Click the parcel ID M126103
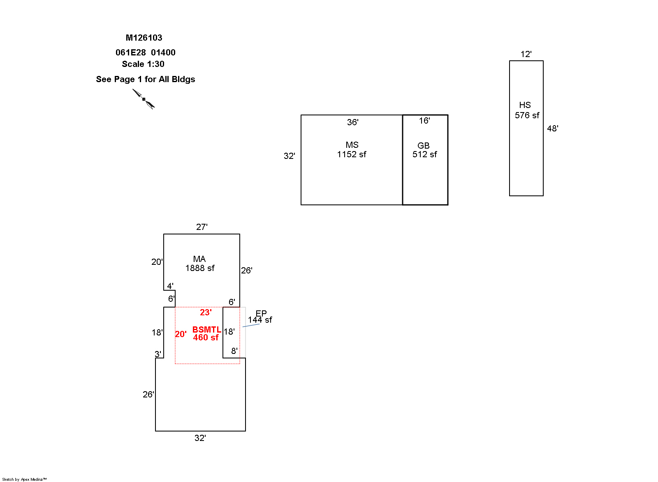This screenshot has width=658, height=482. tap(144, 38)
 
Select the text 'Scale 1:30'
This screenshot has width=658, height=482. tap(143, 64)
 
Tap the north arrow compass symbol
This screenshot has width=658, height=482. tap(144, 99)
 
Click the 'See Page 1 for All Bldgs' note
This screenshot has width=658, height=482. tap(146, 79)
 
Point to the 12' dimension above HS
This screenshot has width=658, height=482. tap(526, 54)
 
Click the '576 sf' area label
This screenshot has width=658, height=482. tap(527, 115)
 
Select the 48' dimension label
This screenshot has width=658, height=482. tap(553, 129)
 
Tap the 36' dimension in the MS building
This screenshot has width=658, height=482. tap(353, 122)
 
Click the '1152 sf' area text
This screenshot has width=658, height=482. tap(352, 154)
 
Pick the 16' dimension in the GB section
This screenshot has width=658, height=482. tap(424, 121)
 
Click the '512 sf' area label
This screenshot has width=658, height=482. tap(425, 154)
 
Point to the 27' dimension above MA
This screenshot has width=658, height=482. tap(202, 227)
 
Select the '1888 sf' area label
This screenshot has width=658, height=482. tap(200, 268)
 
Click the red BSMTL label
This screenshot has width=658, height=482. tap(207, 330)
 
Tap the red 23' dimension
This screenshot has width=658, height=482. tap(206, 312)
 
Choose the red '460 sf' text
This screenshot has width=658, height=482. tap(206, 337)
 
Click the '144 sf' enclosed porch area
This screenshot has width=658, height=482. tap(260, 320)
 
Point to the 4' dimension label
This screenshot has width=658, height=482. tap(170, 286)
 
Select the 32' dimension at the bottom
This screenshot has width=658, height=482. tap(200, 438)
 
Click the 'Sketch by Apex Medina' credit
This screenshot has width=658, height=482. tap(25, 479)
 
